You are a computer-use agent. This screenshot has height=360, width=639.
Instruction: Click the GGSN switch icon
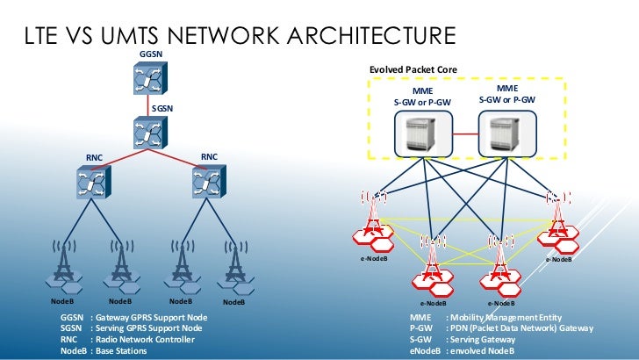144,81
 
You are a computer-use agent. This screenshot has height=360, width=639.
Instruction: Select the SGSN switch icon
144,134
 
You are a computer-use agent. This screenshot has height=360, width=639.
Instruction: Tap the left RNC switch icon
91,185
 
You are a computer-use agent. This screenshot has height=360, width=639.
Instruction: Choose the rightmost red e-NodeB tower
556,220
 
